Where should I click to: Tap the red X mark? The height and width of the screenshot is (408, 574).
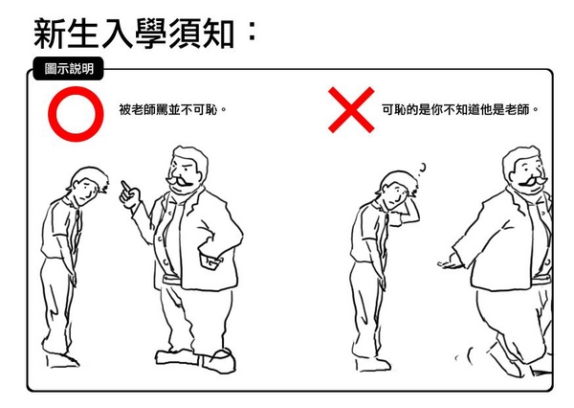pyautogui.click(x=351, y=109)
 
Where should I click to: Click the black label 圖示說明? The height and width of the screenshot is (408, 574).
pyautogui.click(x=69, y=69)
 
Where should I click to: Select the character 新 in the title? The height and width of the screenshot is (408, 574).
pyautogui.click(x=49, y=34)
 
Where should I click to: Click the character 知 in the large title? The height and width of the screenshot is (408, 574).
pyautogui.click(x=218, y=34)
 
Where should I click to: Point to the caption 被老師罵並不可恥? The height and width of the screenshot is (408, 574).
pyautogui.click(x=172, y=109)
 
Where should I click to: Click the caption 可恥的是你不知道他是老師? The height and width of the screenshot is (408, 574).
pyautogui.click(x=460, y=109)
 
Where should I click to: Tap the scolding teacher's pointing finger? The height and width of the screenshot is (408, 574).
pyautogui.click(x=125, y=186)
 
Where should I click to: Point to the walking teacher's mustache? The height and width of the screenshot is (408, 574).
pyautogui.click(x=530, y=182)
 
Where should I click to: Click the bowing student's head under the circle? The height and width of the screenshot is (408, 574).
pyautogui.click(x=88, y=186)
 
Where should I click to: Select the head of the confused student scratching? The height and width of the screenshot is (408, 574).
pyautogui.click(x=396, y=190)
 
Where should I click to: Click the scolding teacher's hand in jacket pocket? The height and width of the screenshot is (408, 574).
pyautogui.click(x=210, y=261)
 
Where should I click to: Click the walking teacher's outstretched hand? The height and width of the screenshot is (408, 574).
pyautogui.click(x=449, y=263)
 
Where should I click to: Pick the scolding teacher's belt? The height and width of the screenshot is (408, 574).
pyautogui.click(x=171, y=280)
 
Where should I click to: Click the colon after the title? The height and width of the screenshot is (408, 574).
pyautogui.click(x=252, y=32)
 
